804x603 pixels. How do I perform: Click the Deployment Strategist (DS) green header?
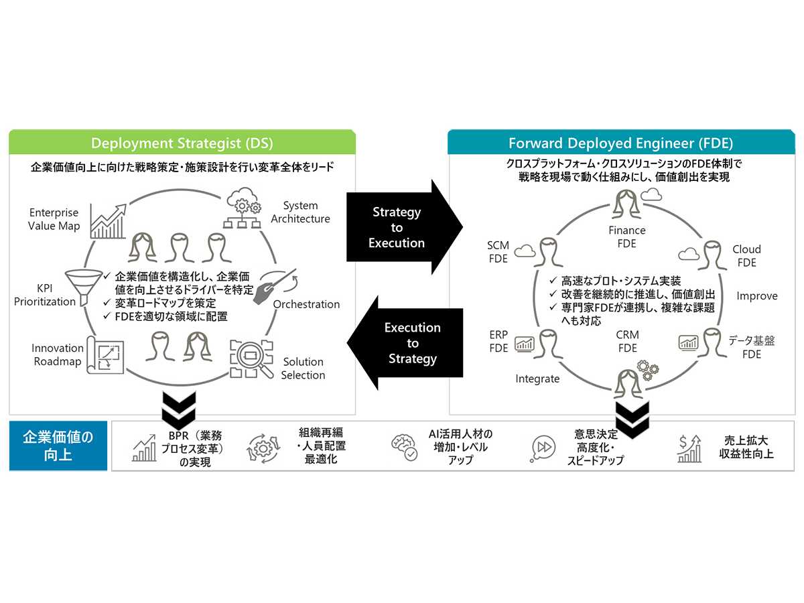coord(182,143)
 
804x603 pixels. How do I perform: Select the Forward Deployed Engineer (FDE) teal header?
coord(620,143)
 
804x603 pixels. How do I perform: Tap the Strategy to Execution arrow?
coord(402,227)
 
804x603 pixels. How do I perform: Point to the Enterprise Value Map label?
coord(54,220)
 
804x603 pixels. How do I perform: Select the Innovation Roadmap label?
coord(57,355)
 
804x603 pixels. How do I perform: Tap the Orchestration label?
coord(306,304)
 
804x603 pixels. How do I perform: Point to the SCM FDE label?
coord(498,252)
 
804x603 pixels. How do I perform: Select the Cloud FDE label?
coord(746,256)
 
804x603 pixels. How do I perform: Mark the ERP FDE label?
coord(498,341)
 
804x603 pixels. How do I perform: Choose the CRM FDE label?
coord(627,341)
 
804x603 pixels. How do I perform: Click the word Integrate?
coord(537,379)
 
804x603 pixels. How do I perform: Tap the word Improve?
coord(757,295)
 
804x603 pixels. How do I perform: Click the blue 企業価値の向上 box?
coord(58,446)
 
